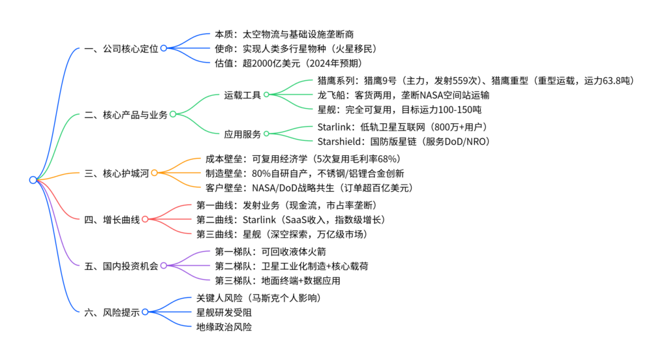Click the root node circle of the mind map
click(x=33, y=180)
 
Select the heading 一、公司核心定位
click(x=121, y=48)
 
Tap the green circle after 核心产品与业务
click(x=173, y=114)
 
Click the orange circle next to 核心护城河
click(x=155, y=173)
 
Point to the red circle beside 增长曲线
click(x=145, y=218)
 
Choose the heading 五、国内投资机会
click(x=121, y=266)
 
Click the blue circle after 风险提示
click(x=145, y=312)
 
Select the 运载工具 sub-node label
click(x=242, y=95)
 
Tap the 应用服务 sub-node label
click(x=242, y=134)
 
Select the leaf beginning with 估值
click(x=288, y=63)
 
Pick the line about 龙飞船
click(x=398, y=95)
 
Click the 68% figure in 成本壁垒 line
click(x=387, y=158)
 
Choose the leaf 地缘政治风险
click(x=224, y=327)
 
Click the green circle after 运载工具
click(x=266, y=95)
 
